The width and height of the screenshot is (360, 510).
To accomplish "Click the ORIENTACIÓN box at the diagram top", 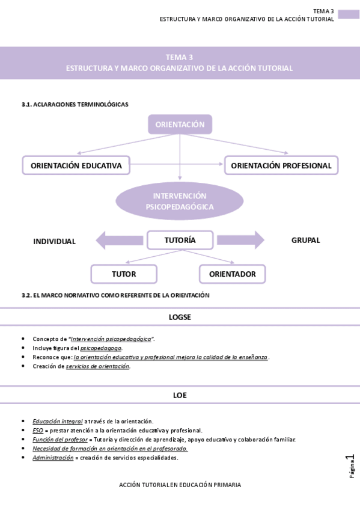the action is point(180,124).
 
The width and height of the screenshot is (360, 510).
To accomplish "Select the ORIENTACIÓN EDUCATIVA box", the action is point(76,165).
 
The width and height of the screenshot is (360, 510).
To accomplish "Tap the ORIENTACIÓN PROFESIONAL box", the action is point(281,165).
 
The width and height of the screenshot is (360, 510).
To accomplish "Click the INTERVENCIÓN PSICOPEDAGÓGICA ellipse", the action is point(180,201).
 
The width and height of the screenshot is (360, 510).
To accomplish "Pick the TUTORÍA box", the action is point(180,240).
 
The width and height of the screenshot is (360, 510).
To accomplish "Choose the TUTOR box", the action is point(124,274).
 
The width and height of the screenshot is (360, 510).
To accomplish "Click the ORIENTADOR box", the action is point(233,274).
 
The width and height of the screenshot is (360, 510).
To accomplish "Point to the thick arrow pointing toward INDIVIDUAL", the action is point(119,241).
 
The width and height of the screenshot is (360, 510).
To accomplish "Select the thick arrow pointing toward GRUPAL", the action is point(241,240).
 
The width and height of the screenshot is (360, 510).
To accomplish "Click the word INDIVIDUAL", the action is point(54,241).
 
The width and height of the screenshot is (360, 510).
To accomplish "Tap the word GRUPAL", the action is point(305,240).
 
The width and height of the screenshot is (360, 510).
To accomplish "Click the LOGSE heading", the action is point(180,317).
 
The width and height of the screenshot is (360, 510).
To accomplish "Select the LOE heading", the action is point(180,395).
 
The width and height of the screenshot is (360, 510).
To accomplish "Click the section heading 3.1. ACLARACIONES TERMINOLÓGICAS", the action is point(75,105).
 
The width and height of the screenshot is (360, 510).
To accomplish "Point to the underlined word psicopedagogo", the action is point(101,348).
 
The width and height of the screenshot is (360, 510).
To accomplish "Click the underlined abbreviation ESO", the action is point(38,431).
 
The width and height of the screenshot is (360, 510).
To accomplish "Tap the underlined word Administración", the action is point(53,458).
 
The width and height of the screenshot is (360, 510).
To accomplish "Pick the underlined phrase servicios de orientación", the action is point(98,366).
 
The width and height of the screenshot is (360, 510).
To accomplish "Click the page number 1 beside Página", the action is point(350,458).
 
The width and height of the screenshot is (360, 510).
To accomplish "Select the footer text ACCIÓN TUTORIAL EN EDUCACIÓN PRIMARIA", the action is point(180,485).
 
